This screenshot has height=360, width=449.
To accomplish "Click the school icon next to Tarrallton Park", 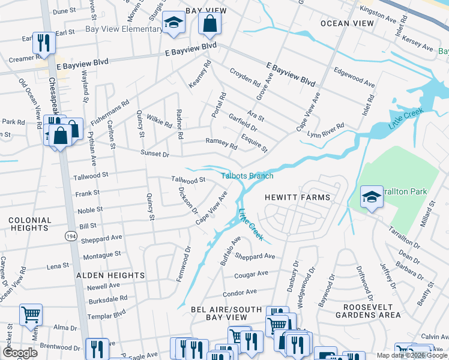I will click(x=372, y=197).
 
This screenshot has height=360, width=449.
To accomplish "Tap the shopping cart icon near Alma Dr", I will click(x=31, y=314).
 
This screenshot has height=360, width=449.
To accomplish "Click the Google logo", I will click(x=20, y=353).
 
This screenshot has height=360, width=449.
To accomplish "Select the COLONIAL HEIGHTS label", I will click(x=29, y=224).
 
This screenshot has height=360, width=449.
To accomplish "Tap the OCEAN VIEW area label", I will click(x=347, y=23).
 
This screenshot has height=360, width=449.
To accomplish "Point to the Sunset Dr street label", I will click(x=155, y=154).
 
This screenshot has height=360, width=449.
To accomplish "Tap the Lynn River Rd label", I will click(x=325, y=130).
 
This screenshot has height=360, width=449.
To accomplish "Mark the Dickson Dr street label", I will click(x=187, y=200).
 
